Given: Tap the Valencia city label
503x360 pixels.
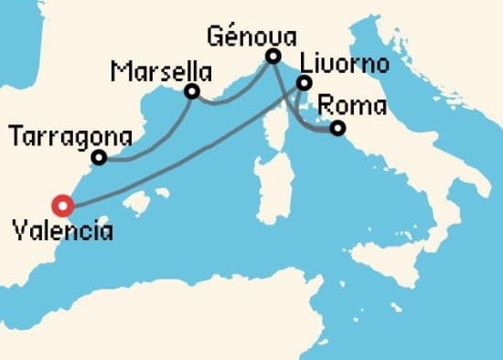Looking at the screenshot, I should pos(63,231).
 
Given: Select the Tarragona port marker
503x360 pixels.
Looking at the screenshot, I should pos(99,158).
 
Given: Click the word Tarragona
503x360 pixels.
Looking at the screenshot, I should pos(70,137).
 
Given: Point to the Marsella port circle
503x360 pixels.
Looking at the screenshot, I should pos(192,91).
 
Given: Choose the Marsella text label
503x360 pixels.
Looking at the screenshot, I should pos(161,71).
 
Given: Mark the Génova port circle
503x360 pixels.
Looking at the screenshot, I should pos(273,57).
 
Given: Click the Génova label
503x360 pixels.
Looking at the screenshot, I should pos(252,37).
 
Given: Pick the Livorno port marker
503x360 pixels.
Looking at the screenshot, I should pos(304,84).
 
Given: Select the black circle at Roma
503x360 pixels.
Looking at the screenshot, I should pos(337,129).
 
